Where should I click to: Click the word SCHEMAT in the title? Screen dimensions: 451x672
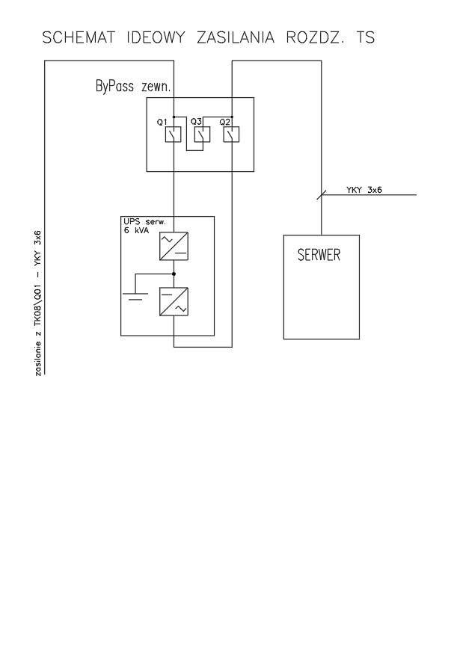[79, 37]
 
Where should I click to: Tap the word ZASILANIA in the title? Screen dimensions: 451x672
[236, 37]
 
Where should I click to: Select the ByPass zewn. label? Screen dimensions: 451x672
[133, 87]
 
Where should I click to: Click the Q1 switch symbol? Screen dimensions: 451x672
[174, 135]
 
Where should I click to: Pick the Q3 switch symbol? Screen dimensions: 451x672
[202, 135]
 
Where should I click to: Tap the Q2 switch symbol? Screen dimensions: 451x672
[231, 135]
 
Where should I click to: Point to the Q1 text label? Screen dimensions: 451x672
[162, 123]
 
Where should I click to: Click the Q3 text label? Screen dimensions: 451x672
[196, 122]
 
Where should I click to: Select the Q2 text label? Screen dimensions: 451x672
[224, 122]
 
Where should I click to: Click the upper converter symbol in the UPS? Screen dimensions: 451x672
[174, 246]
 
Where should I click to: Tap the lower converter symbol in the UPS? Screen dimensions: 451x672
[174, 302]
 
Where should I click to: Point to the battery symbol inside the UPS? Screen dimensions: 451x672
[135, 296]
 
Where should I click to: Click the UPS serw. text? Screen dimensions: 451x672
[144, 222]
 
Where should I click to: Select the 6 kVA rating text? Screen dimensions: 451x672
[136, 230]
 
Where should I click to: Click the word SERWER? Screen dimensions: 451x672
[319, 255]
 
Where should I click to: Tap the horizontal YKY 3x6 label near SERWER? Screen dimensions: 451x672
[364, 190]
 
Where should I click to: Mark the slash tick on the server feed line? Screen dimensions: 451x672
[322, 195]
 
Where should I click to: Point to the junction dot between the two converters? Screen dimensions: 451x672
[174, 274]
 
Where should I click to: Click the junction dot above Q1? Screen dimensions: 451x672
[174, 117]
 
